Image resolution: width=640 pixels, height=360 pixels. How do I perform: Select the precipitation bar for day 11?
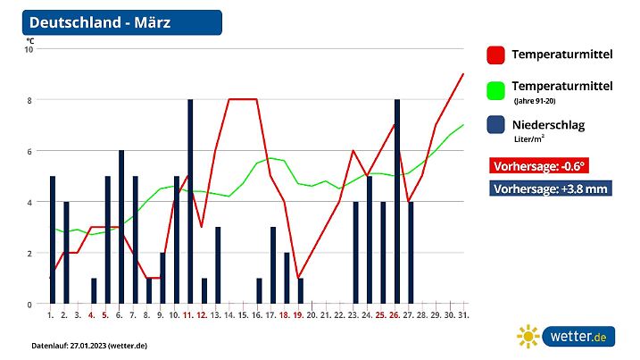(x=190, y=202)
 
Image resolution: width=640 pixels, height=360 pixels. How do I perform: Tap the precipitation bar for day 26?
(x=397, y=202)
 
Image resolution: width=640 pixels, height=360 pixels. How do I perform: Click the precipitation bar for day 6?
(x=121, y=227)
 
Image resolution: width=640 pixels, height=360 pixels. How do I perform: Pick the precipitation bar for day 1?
(x=53, y=239)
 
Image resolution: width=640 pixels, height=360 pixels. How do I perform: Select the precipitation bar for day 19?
(x=301, y=291)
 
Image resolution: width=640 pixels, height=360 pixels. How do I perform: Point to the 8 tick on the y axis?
(x=29, y=100)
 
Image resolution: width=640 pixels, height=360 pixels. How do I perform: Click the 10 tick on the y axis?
(x=29, y=49)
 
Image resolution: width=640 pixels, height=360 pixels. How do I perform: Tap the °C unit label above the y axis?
(x=29, y=40)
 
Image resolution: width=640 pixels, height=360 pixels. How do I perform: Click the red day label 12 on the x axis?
(x=203, y=315)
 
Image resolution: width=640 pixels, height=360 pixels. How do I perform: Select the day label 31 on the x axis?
(x=463, y=315)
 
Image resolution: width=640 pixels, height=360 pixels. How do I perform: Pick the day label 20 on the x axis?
(x=312, y=315)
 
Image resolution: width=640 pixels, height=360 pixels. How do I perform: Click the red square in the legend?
(x=496, y=54)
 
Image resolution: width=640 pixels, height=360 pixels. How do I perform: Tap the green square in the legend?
(x=496, y=90)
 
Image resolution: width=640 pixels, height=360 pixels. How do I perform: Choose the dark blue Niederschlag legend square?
(x=496, y=126)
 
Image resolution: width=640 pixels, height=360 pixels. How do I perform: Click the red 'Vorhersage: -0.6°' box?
(x=539, y=165)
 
